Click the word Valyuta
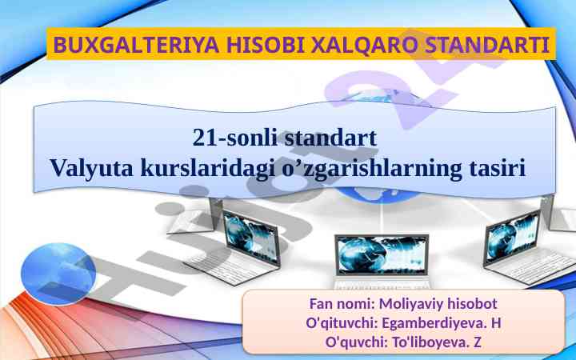click(91, 169)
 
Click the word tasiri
click(498, 168)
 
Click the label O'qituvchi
click(342, 323)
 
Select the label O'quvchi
click(357, 342)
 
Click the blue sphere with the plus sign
click(58, 274)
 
